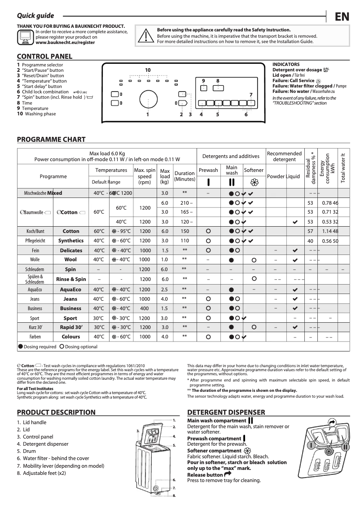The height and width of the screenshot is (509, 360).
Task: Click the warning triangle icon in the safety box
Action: tap(145, 35)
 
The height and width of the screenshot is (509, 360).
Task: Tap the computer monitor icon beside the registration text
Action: tap(26, 37)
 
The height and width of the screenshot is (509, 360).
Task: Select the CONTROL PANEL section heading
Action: tap(44, 57)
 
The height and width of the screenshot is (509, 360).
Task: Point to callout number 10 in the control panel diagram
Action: tap(148, 70)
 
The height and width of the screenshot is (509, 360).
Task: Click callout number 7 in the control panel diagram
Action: tap(251, 94)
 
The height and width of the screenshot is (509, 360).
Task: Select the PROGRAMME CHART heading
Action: tap(51, 139)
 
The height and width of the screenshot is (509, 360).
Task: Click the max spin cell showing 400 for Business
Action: tap(145, 308)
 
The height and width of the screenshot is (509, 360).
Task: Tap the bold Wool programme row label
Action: tap(70, 259)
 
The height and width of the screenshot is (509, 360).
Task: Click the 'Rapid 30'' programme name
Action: tap(70, 327)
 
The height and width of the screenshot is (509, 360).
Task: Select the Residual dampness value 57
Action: tap(310, 231)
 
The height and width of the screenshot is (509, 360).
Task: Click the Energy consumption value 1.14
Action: tap(327, 231)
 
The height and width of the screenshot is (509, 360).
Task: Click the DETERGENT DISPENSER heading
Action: tap(226, 412)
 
